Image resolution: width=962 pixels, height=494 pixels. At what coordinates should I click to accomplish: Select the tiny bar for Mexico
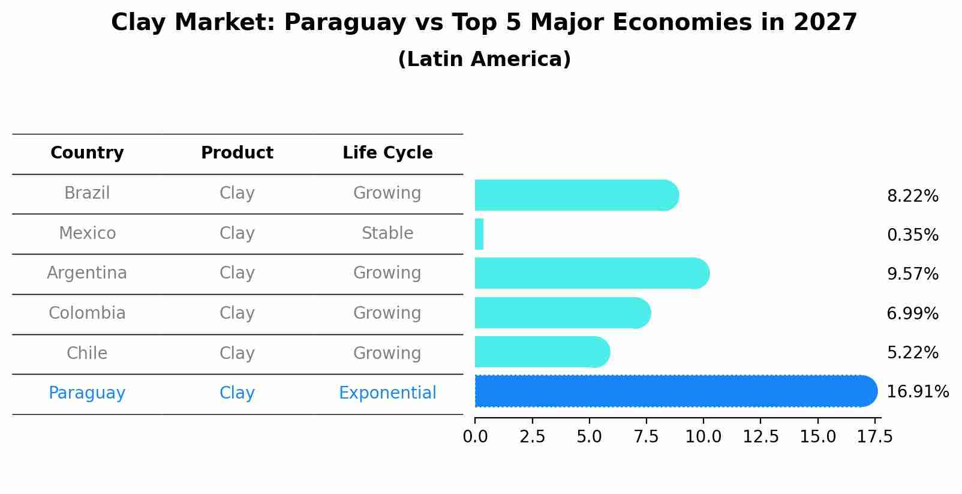pyautogui.click(x=479, y=234)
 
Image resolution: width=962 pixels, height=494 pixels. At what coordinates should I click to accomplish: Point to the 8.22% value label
pyautogui.click(x=912, y=196)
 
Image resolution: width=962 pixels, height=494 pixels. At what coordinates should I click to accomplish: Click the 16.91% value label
pyautogui.click(x=917, y=392)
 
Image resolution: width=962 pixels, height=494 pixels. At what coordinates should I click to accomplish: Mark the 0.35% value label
pyautogui.click(x=912, y=235)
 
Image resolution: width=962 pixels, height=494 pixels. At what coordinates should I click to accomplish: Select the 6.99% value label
pyautogui.click(x=912, y=313)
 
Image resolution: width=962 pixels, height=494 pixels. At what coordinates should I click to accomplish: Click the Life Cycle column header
pyautogui.click(x=387, y=153)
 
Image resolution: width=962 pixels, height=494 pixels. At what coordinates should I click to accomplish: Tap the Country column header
pyautogui.click(x=87, y=153)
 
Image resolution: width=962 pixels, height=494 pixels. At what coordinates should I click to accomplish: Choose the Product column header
pyautogui.click(x=237, y=153)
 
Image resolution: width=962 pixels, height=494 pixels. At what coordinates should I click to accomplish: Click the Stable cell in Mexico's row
pyautogui.click(x=387, y=233)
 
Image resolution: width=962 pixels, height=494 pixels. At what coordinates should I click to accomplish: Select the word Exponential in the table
pyautogui.click(x=387, y=393)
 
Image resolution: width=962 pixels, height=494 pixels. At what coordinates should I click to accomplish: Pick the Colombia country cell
pyautogui.click(x=87, y=313)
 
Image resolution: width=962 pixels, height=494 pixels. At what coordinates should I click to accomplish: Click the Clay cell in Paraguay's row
pyautogui.click(x=237, y=393)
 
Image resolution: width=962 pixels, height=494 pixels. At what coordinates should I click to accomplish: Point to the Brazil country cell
pyautogui.click(x=87, y=193)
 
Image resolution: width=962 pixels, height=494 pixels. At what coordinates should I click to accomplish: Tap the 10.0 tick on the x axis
pyautogui.click(x=703, y=437)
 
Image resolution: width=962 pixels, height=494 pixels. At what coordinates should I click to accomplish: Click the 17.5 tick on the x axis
pyautogui.click(x=874, y=437)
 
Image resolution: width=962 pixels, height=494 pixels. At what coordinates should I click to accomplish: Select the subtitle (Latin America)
pyautogui.click(x=484, y=59)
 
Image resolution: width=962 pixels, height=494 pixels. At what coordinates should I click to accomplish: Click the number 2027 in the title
pyautogui.click(x=825, y=23)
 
